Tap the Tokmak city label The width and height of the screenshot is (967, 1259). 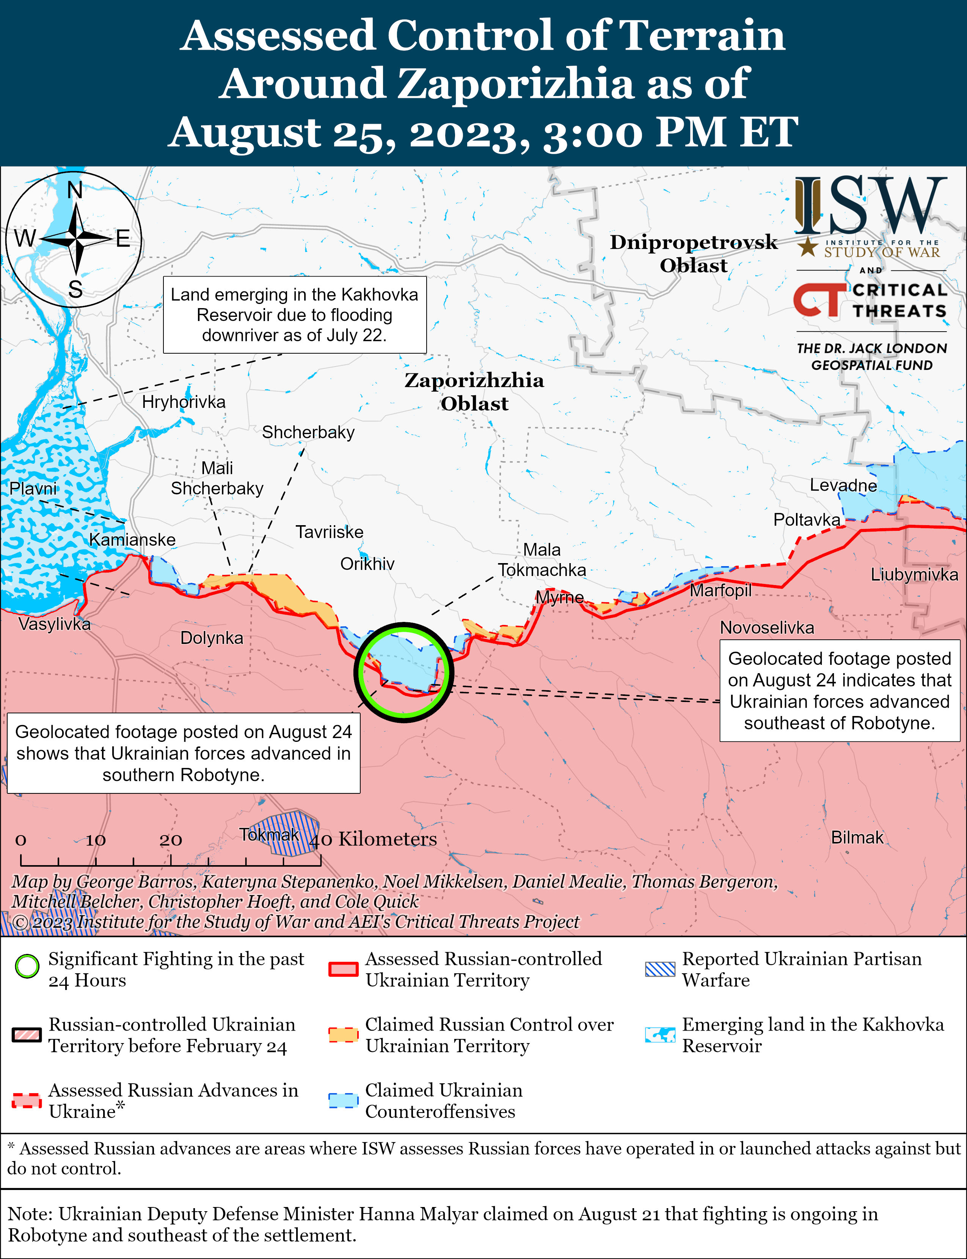pyautogui.click(x=269, y=834)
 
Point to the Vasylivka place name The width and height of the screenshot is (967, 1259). pyautogui.click(x=54, y=624)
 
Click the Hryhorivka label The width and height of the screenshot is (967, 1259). pyautogui.click(x=184, y=401)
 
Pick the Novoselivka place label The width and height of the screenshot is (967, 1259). pyautogui.click(x=767, y=627)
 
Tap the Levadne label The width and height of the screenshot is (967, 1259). pyautogui.click(x=843, y=485)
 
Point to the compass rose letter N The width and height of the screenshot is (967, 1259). pyautogui.click(x=75, y=190)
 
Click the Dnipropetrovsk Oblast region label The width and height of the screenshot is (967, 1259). pyautogui.click(x=694, y=253)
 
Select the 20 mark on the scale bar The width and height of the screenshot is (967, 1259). pyautogui.click(x=171, y=840)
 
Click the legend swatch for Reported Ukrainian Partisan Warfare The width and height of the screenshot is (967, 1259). pyautogui.click(x=659, y=969)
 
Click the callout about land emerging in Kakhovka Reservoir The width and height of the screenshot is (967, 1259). pyautogui.click(x=295, y=315)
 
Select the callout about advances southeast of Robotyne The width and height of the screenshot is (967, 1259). pyautogui.click(x=839, y=690)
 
